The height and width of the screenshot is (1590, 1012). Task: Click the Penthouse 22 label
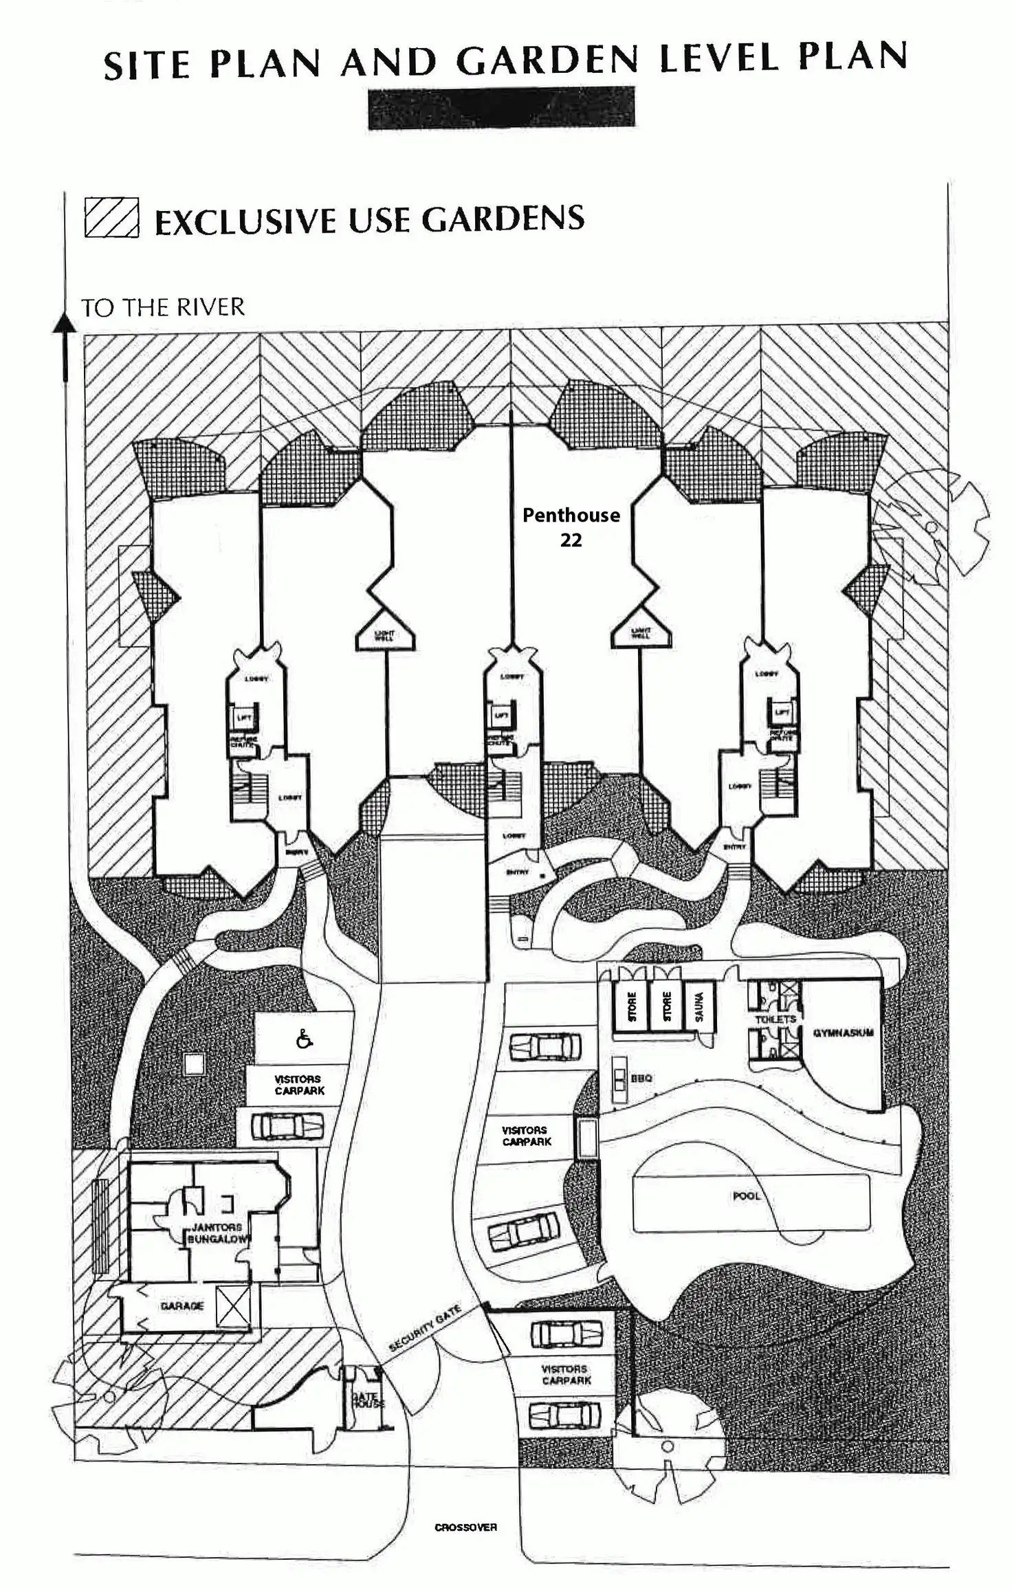(571, 527)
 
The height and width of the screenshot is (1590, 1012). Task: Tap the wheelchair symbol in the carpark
(304, 1039)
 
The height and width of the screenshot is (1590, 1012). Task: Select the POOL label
(746, 1196)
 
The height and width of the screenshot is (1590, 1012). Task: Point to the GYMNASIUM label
(843, 1033)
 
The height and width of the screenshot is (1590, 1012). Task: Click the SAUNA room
(699, 1006)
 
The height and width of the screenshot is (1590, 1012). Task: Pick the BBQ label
(641, 1079)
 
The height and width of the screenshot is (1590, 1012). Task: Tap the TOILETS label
(775, 1019)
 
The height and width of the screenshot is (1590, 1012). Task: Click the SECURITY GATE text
(424, 1328)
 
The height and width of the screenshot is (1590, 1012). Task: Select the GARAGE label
(181, 1306)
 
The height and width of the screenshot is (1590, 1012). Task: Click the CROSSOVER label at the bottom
(465, 1527)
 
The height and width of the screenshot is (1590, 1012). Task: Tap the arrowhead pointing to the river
(65, 323)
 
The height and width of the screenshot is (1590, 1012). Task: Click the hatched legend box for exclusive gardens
(111, 217)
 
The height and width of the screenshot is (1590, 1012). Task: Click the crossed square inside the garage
(233, 1306)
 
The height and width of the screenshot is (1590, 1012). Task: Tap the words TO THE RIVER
(163, 307)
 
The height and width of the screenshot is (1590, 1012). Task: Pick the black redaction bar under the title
(501, 108)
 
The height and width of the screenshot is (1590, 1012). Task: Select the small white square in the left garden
(194, 1064)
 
